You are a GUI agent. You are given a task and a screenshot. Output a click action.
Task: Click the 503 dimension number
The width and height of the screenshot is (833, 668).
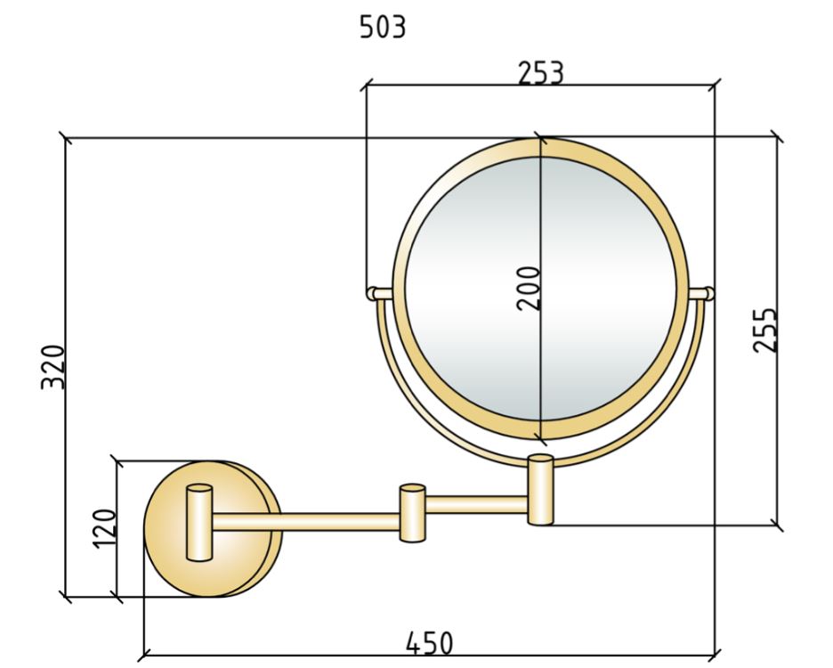pyautogui.click(x=383, y=27)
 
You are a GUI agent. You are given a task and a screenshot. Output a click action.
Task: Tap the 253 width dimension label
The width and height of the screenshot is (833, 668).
pyautogui.click(x=541, y=73)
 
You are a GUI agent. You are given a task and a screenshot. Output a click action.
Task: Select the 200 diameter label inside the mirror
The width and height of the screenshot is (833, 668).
pyautogui.click(x=528, y=289)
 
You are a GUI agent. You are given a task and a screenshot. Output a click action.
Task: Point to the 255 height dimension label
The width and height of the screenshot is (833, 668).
pyautogui.click(x=765, y=330)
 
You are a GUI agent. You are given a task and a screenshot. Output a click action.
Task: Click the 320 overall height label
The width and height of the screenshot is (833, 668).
pyautogui.click(x=53, y=368)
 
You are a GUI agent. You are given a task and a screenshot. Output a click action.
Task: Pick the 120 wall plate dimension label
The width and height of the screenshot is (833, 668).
pyautogui.click(x=104, y=528)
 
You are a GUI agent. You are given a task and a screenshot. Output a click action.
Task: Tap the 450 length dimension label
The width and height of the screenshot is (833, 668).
pyautogui.click(x=430, y=643)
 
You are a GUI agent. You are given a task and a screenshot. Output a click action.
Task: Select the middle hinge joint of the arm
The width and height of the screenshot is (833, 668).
pyautogui.click(x=412, y=513)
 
